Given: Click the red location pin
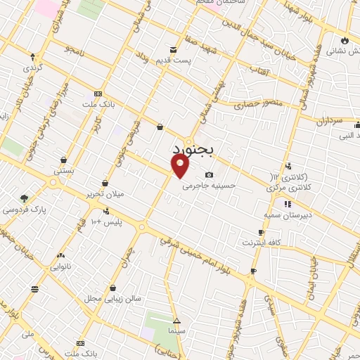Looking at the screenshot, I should click(x=181, y=165).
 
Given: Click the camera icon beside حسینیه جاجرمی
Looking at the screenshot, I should click(x=209, y=175).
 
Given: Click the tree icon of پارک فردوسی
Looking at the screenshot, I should click(x=24, y=198).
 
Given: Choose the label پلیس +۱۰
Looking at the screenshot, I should click(x=113, y=223).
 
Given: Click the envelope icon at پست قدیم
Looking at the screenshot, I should click(x=174, y=49).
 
